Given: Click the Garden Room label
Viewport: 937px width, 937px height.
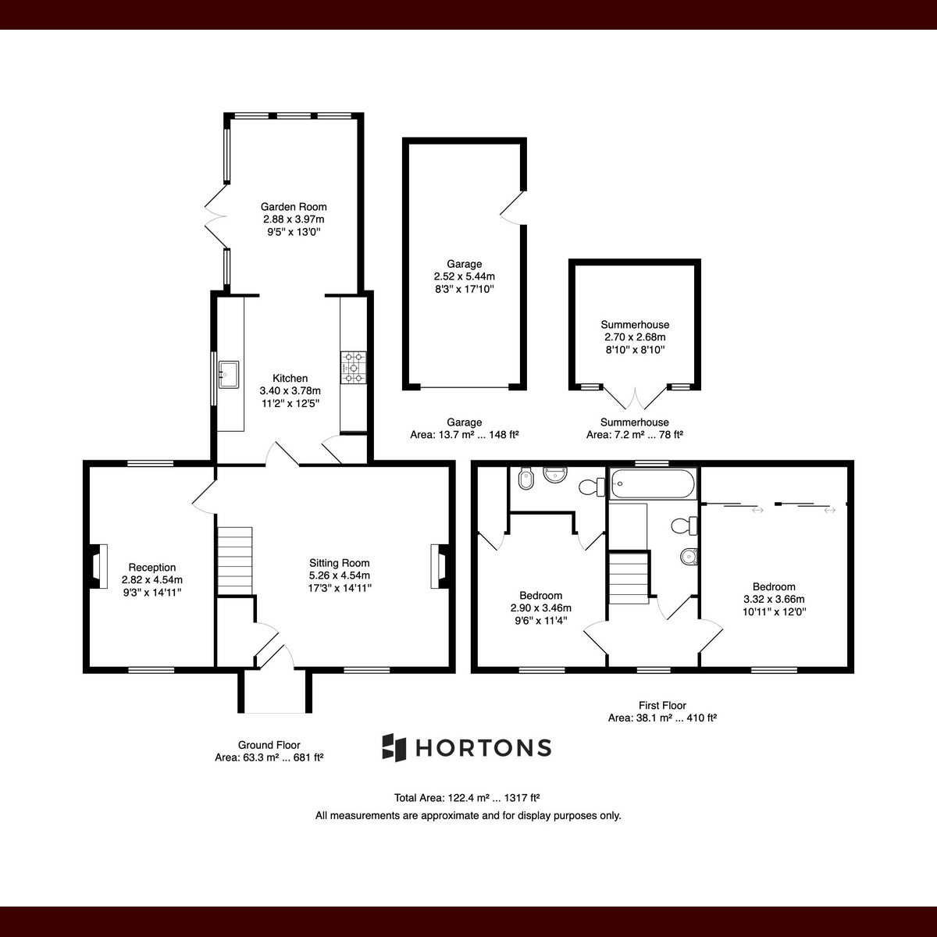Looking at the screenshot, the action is point(294,207).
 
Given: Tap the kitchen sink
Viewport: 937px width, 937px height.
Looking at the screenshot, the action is point(229,375).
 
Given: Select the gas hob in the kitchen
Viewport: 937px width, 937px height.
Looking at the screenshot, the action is point(354,368).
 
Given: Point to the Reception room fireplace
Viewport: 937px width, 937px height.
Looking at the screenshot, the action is point(98,566).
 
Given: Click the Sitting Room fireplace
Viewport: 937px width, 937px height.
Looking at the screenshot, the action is point(439,566).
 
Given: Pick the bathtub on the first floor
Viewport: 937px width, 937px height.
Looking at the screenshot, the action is point(654,483).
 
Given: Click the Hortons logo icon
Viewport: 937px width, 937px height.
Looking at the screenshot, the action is point(394,747).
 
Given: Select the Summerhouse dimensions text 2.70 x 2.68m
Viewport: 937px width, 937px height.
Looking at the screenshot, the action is point(635,337).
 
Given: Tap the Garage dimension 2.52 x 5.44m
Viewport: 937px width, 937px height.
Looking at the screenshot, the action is point(465,276).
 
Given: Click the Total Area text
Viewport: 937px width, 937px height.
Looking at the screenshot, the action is point(467,797).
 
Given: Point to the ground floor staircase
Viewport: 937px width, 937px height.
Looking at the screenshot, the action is point(234,561).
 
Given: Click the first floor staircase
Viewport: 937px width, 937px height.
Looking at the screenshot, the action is point(629,578).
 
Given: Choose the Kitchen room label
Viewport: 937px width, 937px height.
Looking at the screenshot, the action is point(290,378).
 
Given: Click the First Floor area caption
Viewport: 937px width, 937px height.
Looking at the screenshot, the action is point(662,711).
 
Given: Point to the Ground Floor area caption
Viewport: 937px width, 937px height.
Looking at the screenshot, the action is point(269,751).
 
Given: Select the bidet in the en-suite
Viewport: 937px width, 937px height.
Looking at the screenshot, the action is point(526,479).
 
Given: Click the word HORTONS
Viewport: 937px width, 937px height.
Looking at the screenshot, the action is point(483,748).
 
